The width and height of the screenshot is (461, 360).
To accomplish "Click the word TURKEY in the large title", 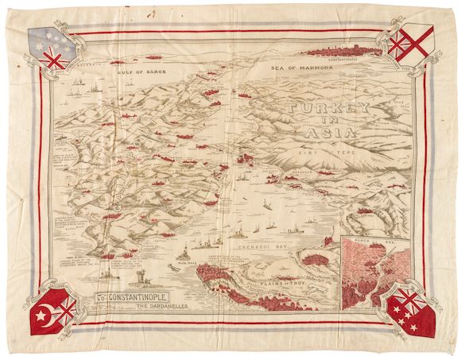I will pyautogui.click(x=335, y=110).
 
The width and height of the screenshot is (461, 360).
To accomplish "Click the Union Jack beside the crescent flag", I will pyautogui.click(x=68, y=306).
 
